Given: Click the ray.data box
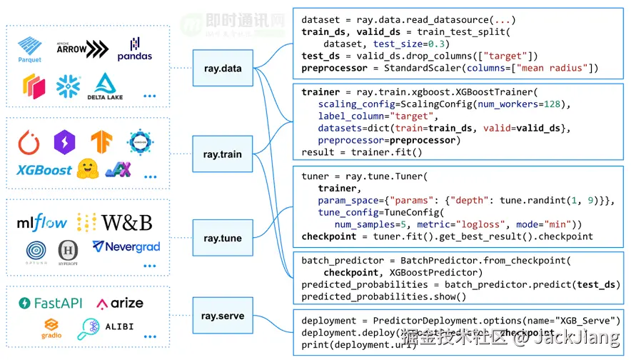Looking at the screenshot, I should (x=222, y=69).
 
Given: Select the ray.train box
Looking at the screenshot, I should (x=222, y=154).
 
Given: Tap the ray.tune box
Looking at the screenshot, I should (x=222, y=238).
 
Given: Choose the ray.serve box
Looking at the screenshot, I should (x=222, y=315).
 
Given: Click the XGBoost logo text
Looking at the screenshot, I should (x=44, y=170).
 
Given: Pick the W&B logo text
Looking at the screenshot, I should (x=126, y=222).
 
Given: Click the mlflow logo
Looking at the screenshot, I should (x=41, y=222).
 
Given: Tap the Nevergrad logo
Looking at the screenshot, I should (x=126, y=247).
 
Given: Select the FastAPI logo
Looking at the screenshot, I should (x=51, y=303).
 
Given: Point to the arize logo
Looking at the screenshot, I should (x=120, y=303).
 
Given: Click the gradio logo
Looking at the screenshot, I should (x=51, y=328).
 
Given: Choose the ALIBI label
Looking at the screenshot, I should (x=120, y=326).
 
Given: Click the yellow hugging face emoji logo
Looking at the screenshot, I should (x=86, y=169).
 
